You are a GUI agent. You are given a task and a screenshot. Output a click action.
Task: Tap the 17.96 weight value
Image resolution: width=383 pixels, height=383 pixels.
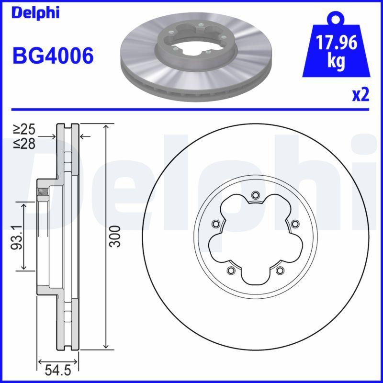click(336, 43)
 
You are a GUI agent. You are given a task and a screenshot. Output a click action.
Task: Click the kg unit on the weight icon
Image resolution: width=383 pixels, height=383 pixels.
click(336, 62)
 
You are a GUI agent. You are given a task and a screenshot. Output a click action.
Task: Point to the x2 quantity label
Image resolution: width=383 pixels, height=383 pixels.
click(360, 95)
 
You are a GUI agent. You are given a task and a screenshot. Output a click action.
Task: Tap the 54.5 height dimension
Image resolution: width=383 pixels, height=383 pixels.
click(57, 370)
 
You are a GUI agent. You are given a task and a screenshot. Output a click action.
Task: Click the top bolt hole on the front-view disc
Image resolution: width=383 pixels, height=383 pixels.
click(255, 194)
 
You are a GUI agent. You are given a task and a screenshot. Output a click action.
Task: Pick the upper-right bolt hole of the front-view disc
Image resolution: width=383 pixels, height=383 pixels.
click(294, 223)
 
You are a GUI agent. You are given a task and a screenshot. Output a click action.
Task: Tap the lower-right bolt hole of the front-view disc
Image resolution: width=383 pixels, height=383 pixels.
click(279, 271)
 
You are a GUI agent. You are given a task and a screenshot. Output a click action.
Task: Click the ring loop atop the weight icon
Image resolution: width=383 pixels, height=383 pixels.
click(336, 19)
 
